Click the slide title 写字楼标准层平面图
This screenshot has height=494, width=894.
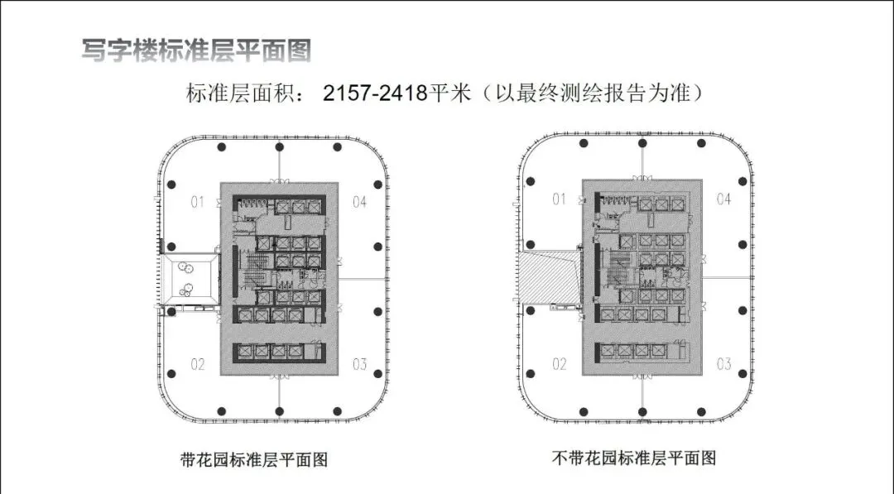196,50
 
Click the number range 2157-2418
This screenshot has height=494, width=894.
374,94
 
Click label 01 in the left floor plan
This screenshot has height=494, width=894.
198,200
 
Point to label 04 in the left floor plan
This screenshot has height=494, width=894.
359,200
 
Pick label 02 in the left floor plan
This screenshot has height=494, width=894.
198,363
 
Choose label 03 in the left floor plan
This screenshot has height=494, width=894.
359,363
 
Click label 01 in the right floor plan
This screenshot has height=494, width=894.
560,199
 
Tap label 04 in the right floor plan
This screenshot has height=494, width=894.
723,199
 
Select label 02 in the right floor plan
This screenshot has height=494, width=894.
560,364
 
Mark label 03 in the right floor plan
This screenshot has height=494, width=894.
723,364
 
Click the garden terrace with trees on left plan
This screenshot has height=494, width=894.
189,278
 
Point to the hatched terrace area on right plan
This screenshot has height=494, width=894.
550,279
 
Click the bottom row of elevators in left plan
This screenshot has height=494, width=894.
278,352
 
